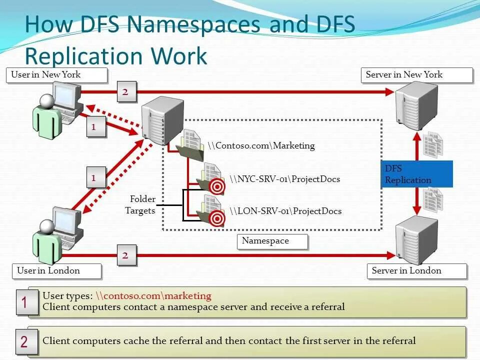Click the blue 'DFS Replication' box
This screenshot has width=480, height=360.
[x=417, y=174]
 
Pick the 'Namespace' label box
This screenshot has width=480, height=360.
[x=272, y=241]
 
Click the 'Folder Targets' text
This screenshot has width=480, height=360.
[x=141, y=204]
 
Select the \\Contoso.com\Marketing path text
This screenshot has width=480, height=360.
[x=261, y=146]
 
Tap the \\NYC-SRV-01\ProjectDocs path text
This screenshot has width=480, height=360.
[x=285, y=179]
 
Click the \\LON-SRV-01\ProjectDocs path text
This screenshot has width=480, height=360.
[x=285, y=211]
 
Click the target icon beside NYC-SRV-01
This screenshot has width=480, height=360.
[x=217, y=186]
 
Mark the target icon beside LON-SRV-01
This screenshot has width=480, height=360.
[x=217, y=218]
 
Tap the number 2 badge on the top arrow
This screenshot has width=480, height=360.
[x=125, y=92]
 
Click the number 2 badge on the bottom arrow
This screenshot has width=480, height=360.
[x=125, y=255]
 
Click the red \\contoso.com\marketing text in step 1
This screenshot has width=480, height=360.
[x=153, y=296]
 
